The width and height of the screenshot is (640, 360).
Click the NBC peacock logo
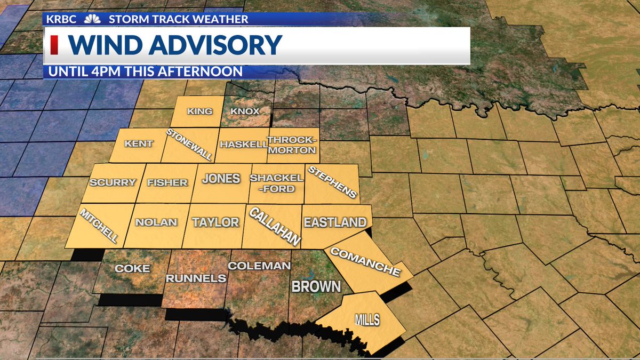point(92,19)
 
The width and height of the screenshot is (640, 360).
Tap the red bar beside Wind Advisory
point(54,45)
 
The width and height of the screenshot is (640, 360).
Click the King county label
point(199,111)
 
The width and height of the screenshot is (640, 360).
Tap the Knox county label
point(244,111)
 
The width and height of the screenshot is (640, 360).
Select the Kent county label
point(139,144)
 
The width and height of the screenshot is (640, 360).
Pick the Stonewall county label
point(189,145)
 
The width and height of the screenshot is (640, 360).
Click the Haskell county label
point(244,145)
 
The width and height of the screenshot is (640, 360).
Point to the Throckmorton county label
point(292,145)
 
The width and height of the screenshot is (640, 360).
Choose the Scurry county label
point(113,182)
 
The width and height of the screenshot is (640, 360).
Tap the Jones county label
point(221,179)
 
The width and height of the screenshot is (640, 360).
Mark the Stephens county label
point(332,182)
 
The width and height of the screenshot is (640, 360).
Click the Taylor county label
point(215,222)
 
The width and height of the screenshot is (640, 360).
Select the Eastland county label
point(335,222)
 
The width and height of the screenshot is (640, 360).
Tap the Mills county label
point(367,320)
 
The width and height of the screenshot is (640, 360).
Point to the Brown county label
point(316,286)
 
